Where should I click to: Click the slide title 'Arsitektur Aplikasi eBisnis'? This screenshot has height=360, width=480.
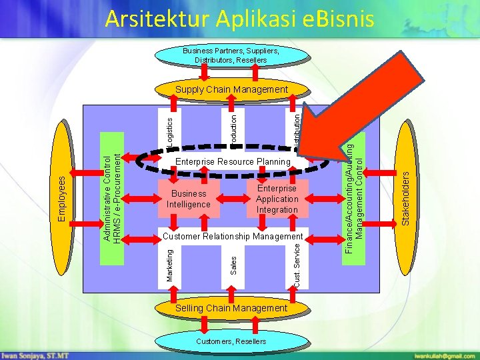[x=239, y=19]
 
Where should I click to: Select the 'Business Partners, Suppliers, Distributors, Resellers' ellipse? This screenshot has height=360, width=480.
[x=231, y=55]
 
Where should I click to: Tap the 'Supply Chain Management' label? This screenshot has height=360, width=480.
[x=231, y=89]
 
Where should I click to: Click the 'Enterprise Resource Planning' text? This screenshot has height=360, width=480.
[x=233, y=161]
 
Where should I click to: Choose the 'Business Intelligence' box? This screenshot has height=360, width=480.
[x=188, y=199]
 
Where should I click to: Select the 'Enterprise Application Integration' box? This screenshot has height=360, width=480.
[x=277, y=199]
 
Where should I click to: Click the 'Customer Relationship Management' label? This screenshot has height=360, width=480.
[x=233, y=237]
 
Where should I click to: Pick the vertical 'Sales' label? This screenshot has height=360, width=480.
[x=233, y=262]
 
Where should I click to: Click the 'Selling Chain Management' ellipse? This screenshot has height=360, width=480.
[x=231, y=308]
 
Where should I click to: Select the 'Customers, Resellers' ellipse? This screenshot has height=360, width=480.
[x=231, y=341]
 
